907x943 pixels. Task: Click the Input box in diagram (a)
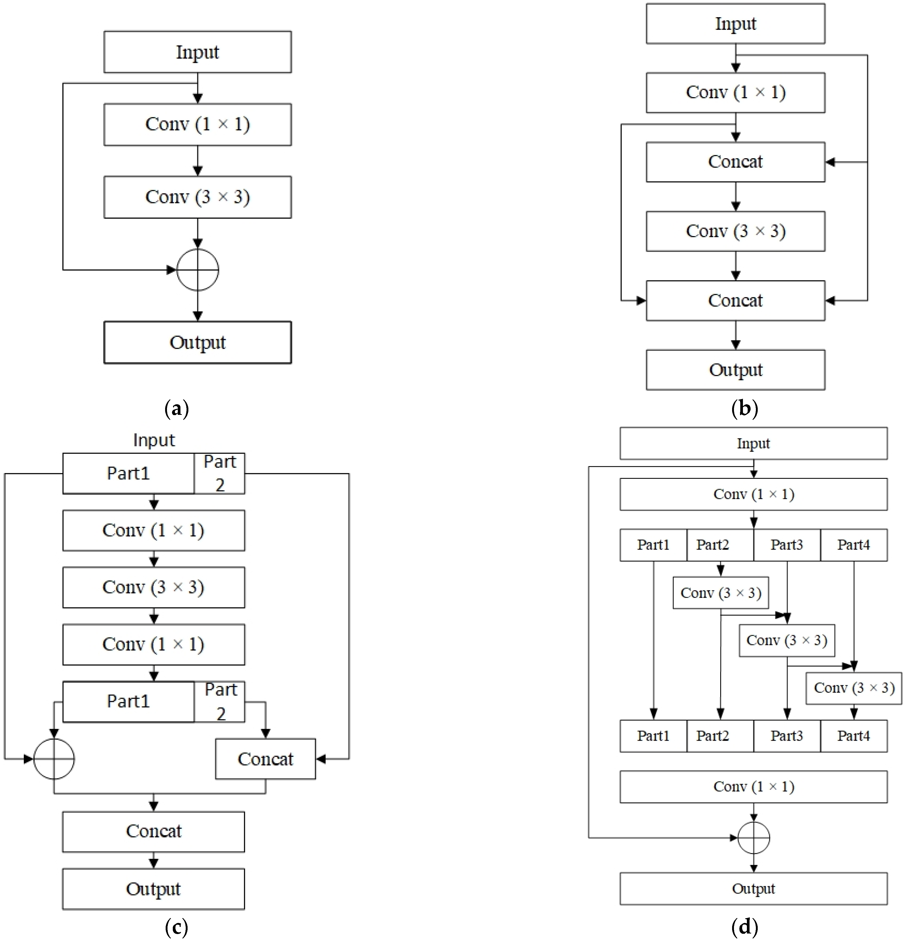197,52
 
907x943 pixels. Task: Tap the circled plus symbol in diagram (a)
197,270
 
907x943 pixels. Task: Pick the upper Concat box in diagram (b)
735,162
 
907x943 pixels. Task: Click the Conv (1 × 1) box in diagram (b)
735,92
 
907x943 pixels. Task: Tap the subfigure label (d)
744,926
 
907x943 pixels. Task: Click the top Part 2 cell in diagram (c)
220,473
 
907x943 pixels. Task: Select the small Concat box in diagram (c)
265,759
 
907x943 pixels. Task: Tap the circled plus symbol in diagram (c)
54,759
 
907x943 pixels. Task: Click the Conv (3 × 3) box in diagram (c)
154,588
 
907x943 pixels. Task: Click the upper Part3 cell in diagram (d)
787,545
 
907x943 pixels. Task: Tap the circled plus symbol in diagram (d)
753,838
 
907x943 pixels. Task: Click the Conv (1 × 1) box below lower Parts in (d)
753,787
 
